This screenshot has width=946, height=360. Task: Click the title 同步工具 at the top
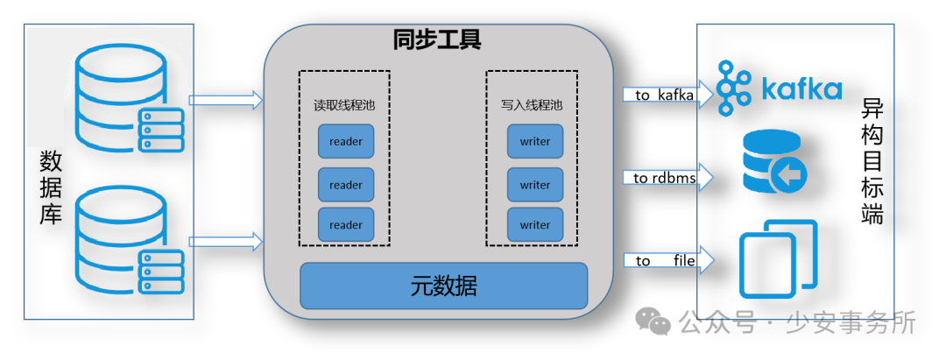click(437, 40)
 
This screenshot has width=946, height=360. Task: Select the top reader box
click(345, 141)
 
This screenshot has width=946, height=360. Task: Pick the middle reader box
click(345, 185)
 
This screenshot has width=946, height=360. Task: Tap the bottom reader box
click(345, 225)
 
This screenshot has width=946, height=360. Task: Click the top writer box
click(534, 141)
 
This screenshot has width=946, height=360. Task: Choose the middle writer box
click(534, 185)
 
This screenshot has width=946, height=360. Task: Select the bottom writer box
click(534, 225)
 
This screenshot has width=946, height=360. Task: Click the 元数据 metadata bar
click(443, 286)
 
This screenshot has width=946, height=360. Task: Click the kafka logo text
click(801, 89)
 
